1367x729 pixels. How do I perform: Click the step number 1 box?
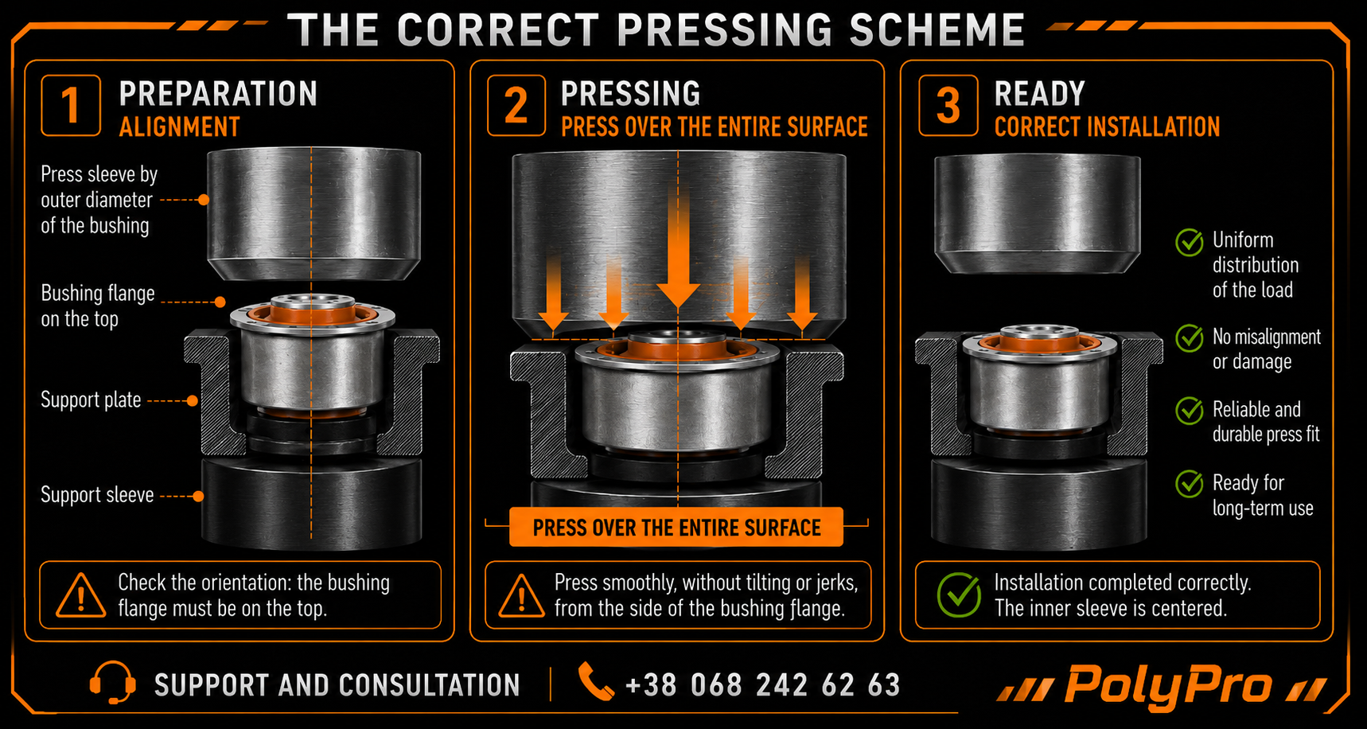pyautogui.click(x=71, y=106)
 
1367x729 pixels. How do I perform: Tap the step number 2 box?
pyautogui.click(x=516, y=106)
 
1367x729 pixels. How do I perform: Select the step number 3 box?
pyautogui.click(x=948, y=106)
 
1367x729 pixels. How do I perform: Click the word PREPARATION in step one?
pyautogui.click(x=218, y=94)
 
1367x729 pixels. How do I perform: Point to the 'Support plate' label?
pyautogui.click(x=91, y=400)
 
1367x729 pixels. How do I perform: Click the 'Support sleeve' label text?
pyautogui.click(x=97, y=495)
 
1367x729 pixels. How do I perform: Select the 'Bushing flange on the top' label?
pyautogui.click(x=98, y=306)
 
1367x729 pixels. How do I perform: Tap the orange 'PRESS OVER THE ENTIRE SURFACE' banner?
pyautogui.click(x=676, y=528)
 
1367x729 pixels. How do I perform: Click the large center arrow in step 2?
pyautogui.click(x=678, y=255)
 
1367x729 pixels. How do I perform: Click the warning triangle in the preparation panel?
pyautogui.click(x=80, y=596)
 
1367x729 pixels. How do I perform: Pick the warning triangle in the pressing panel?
pyautogui.click(x=521, y=596)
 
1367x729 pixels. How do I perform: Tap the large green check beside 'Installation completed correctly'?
pyautogui.click(x=960, y=595)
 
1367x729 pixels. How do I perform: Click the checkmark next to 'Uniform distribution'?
pyautogui.click(x=1190, y=242)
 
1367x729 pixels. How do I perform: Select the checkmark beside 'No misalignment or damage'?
pyautogui.click(x=1190, y=338)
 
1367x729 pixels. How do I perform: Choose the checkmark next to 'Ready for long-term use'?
pyautogui.click(x=1190, y=483)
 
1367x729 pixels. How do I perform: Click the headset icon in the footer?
pyautogui.click(x=112, y=683)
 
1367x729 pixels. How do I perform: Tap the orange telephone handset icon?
pyautogui.click(x=595, y=681)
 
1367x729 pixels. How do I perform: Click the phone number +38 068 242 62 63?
pyautogui.click(x=763, y=684)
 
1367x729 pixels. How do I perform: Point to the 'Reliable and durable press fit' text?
pyautogui.click(x=1266, y=422)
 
